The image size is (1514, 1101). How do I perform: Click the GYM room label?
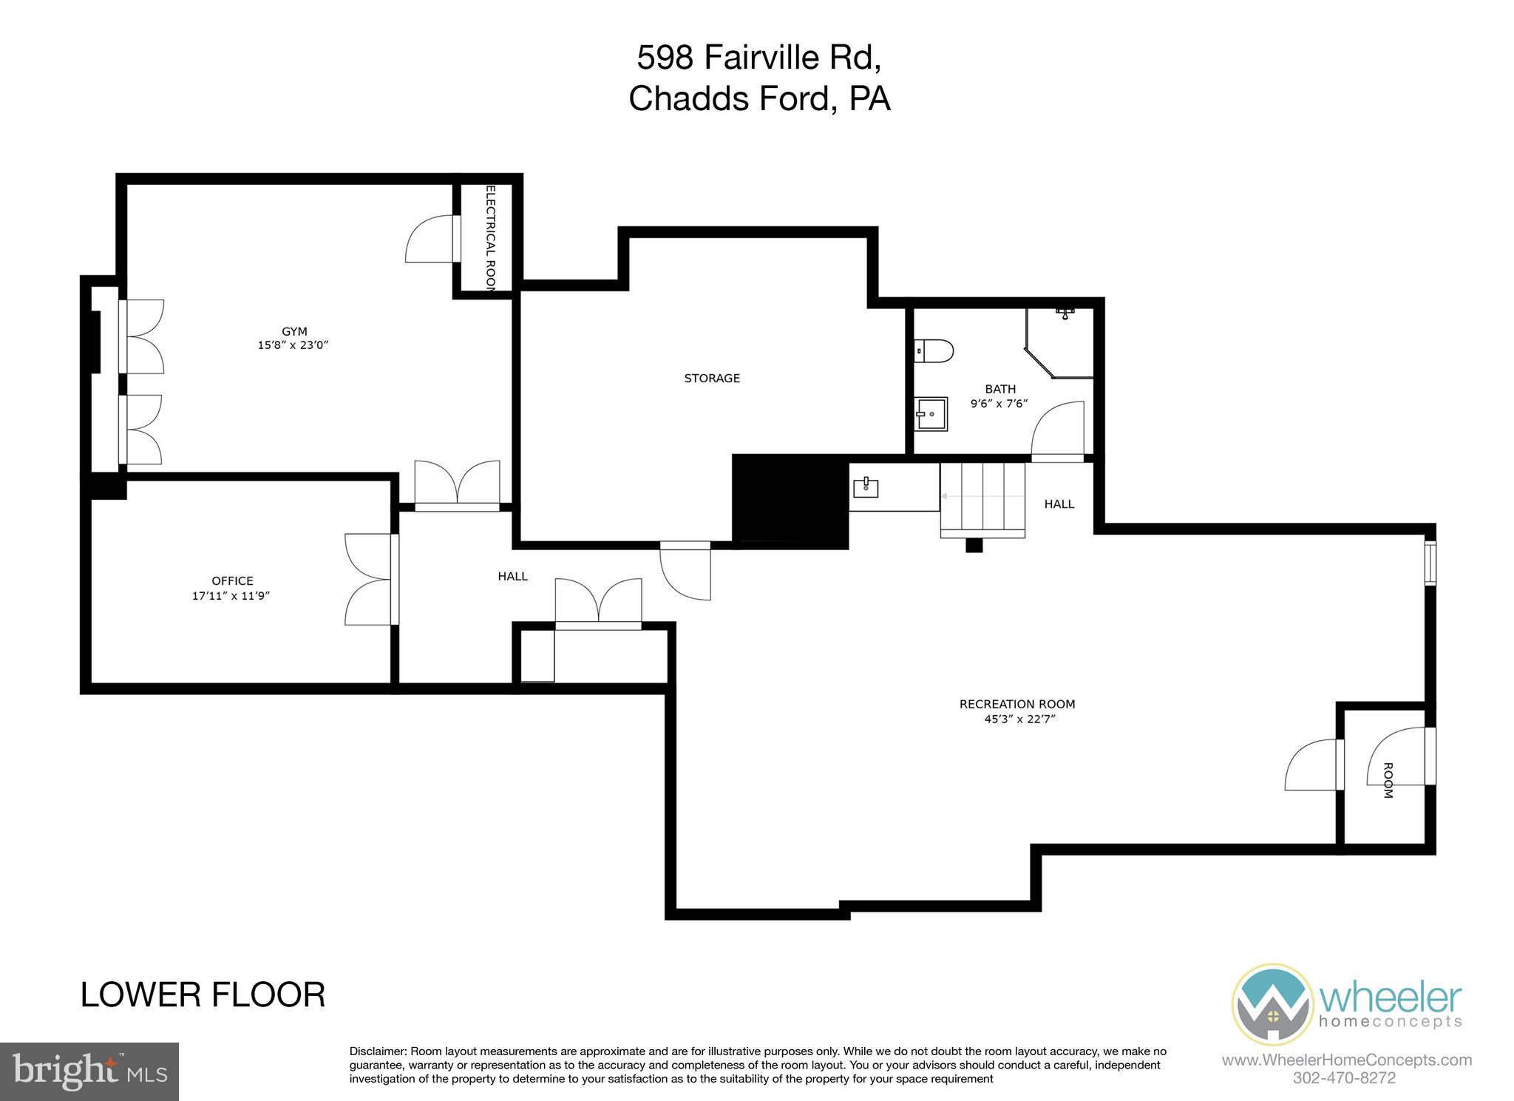tap(294, 331)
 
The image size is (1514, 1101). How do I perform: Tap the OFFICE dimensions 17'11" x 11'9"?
tap(231, 596)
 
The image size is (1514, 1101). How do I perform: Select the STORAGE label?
tap(712, 379)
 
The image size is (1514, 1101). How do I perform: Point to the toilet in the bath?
tap(934, 350)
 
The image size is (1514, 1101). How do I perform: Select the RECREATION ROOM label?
tap(1017, 704)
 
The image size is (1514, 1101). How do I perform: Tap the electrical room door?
tap(431, 239)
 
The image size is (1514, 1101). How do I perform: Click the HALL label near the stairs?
tap(1059, 504)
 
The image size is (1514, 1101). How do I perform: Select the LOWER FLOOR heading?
tap(203, 995)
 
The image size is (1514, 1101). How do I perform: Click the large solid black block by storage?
tap(790, 501)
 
